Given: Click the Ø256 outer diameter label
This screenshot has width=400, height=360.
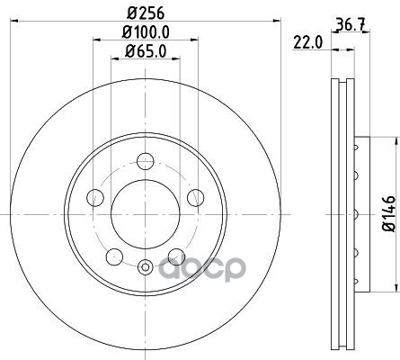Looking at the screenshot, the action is (146, 13).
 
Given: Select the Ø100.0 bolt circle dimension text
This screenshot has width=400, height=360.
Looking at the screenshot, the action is (146, 31).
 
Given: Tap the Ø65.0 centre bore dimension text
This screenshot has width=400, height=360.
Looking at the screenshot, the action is (146, 51).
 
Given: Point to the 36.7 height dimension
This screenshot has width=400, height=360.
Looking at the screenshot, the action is (351, 24).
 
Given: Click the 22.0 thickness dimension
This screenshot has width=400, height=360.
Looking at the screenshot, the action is (307, 42).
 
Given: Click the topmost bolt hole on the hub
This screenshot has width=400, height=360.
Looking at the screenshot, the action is (146, 161).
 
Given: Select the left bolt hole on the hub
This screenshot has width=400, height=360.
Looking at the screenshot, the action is (95, 198).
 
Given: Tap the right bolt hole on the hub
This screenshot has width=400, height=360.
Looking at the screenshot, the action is (195, 198).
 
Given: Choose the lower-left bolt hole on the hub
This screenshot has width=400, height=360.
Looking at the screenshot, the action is (114, 256).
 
